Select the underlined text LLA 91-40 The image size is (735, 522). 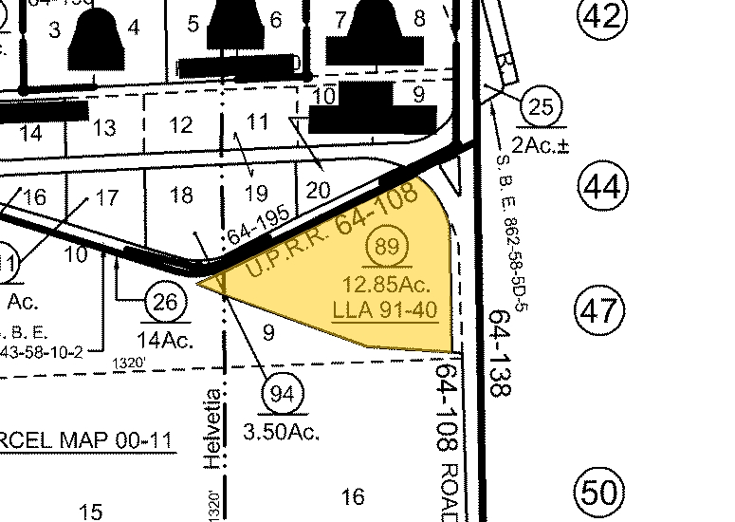click(384, 309)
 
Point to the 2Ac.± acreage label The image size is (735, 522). click(540, 145)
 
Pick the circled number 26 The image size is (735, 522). click(165, 303)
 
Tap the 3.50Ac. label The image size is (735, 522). click(282, 432)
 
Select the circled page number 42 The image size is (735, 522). click(602, 16)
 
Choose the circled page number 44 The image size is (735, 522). click(602, 188)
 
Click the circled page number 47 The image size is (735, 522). click(602, 310)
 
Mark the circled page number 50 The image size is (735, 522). click(600, 493)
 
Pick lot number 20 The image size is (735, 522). click(319, 190)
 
